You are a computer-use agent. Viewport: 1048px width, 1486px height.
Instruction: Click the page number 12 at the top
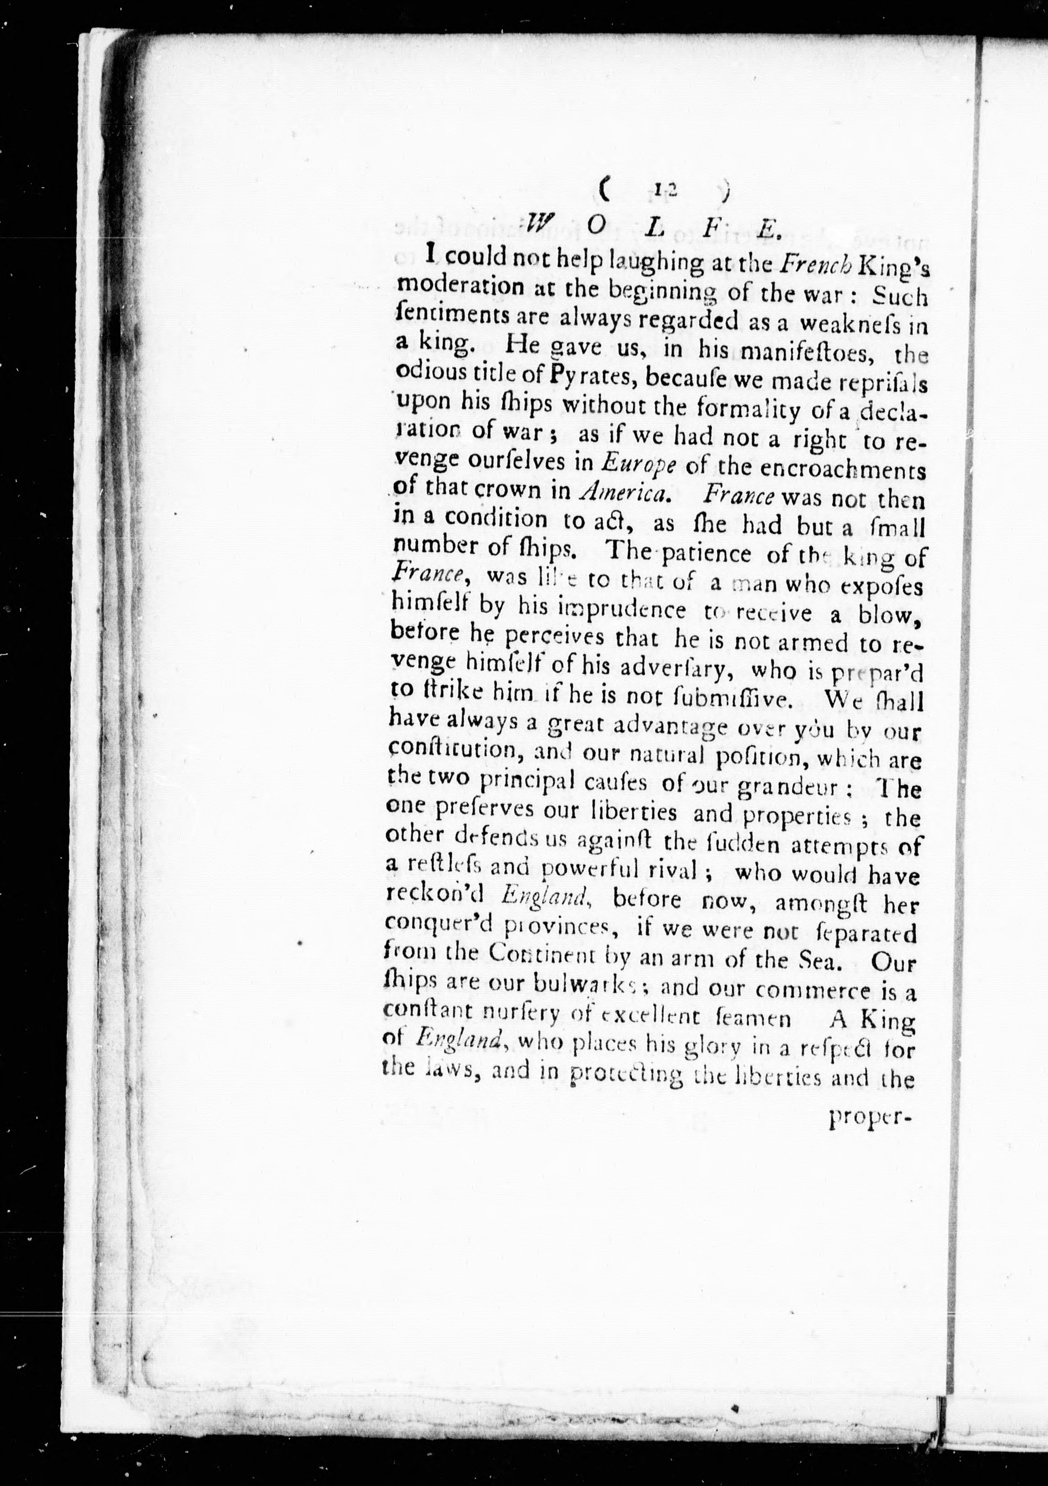[x=663, y=190]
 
